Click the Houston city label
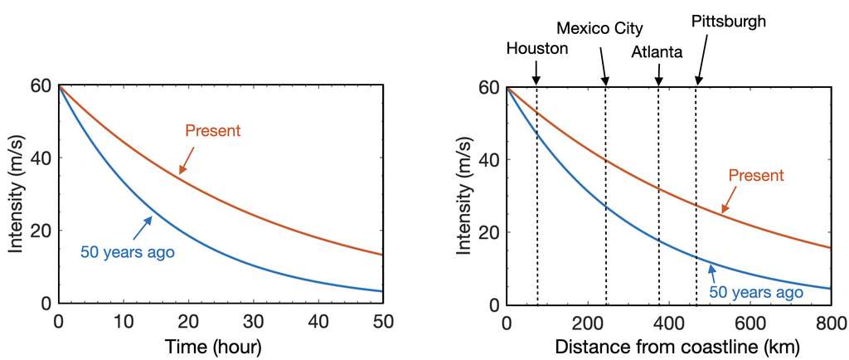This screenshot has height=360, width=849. coord(537,48)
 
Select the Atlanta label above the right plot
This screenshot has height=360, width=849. coord(657,52)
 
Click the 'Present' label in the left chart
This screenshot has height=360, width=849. coord(213,131)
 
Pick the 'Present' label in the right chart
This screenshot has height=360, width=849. coord(755,175)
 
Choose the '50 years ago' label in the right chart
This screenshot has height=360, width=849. coord(756,292)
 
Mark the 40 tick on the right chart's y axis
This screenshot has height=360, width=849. coord(488,159)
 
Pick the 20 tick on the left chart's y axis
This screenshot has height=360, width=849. coord(38,231)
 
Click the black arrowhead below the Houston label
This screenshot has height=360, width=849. coord(536,80)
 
